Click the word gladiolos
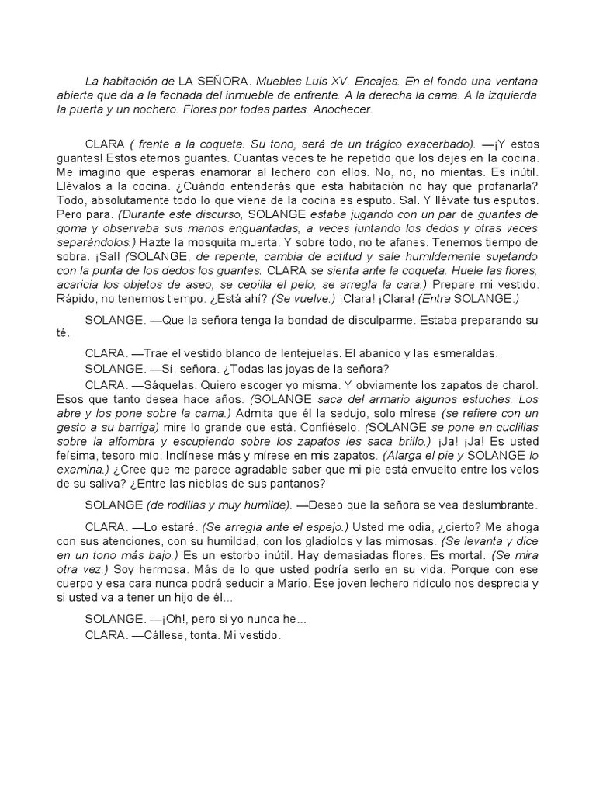(348, 540)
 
